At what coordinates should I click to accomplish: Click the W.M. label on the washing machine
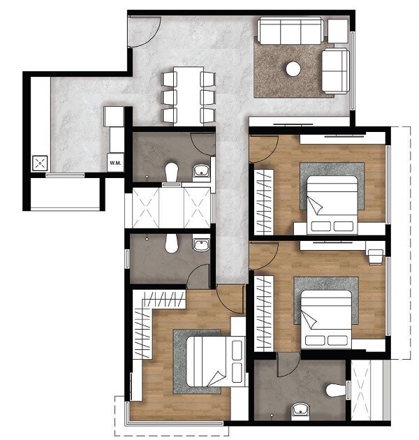(x=114, y=163)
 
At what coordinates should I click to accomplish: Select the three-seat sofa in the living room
(x=290, y=31)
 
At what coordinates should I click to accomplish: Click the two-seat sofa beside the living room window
(x=336, y=71)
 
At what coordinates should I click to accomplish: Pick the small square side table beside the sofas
(x=338, y=31)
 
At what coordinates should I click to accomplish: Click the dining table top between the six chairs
(x=189, y=95)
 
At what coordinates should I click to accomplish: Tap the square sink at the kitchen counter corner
(x=39, y=164)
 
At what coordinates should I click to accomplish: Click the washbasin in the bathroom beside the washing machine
(x=202, y=170)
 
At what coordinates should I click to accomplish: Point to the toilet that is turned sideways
(x=337, y=389)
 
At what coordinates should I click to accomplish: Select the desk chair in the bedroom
(x=376, y=254)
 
